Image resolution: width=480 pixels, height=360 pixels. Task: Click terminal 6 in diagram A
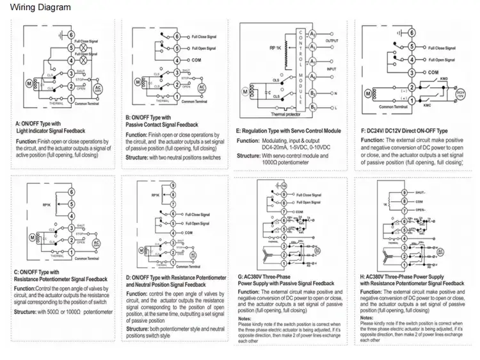[x=72, y=33]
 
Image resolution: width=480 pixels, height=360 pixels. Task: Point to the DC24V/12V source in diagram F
[x=461, y=94]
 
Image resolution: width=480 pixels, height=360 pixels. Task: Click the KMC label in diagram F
[x=427, y=102]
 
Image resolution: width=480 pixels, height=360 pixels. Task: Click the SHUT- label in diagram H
[x=420, y=192]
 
